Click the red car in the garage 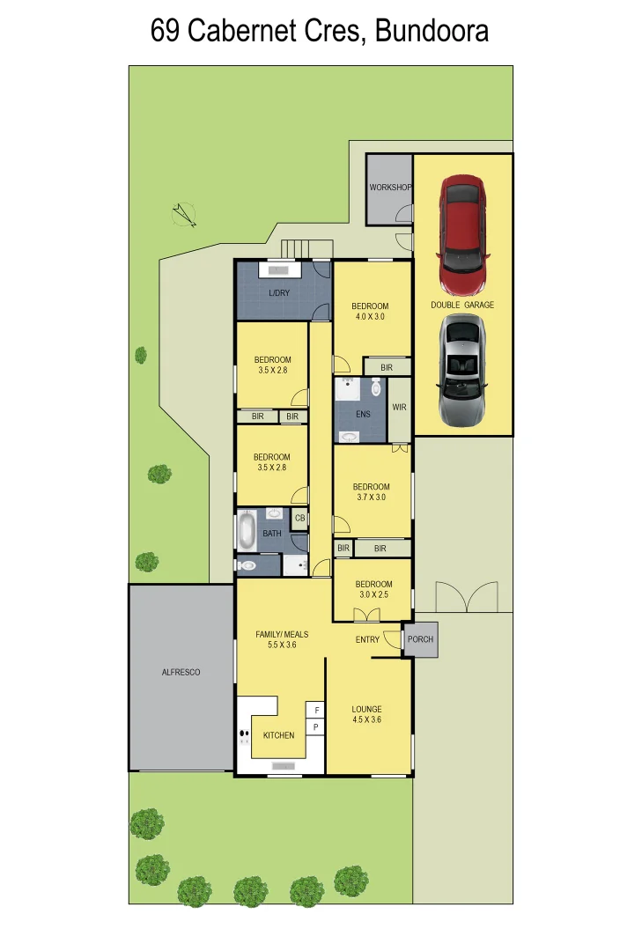(462, 235)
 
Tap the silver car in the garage (462, 370)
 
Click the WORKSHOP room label (390, 188)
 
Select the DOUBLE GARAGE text (462, 305)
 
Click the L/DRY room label (279, 293)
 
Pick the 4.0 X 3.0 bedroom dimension (370, 316)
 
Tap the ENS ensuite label (363, 413)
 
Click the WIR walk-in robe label (399, 408)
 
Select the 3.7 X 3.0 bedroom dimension (371, 498)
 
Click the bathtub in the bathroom (247, 532)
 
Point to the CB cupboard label (299, 519)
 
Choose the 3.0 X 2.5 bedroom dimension (373, 594)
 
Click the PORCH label (420, 639)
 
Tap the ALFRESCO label (181, 672)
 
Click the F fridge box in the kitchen (316, 709)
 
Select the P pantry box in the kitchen (316, 727)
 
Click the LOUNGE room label (366, 709)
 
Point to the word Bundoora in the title (432, 32)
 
